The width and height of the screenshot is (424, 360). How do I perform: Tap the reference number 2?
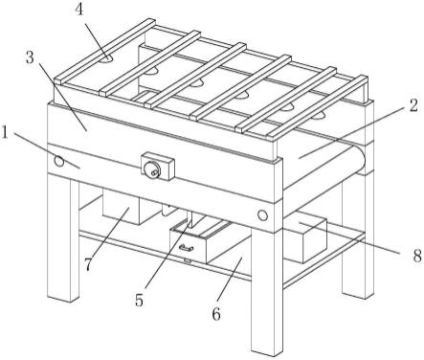(x=413, y=105)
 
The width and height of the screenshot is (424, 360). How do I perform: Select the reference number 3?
(x=30, y=57)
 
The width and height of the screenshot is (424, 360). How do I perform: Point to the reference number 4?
(x=78, y=10)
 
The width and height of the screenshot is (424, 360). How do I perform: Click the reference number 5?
(x=139, y=300)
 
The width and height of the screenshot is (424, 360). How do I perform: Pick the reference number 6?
(x=216, y=314)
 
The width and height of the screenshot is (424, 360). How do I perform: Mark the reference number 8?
(x=417, y=256)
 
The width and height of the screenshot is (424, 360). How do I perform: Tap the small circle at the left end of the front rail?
(x=59, y=161)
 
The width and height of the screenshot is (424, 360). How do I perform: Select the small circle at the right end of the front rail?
(x=262, y=215)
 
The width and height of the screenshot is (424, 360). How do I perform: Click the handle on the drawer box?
(x=186, y=248)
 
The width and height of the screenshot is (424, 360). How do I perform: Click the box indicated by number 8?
(x=306, y=237)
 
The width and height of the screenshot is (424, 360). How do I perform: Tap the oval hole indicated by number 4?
(x=106, y=59)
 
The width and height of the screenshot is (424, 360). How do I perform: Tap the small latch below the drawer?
(x=188, y=261)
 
